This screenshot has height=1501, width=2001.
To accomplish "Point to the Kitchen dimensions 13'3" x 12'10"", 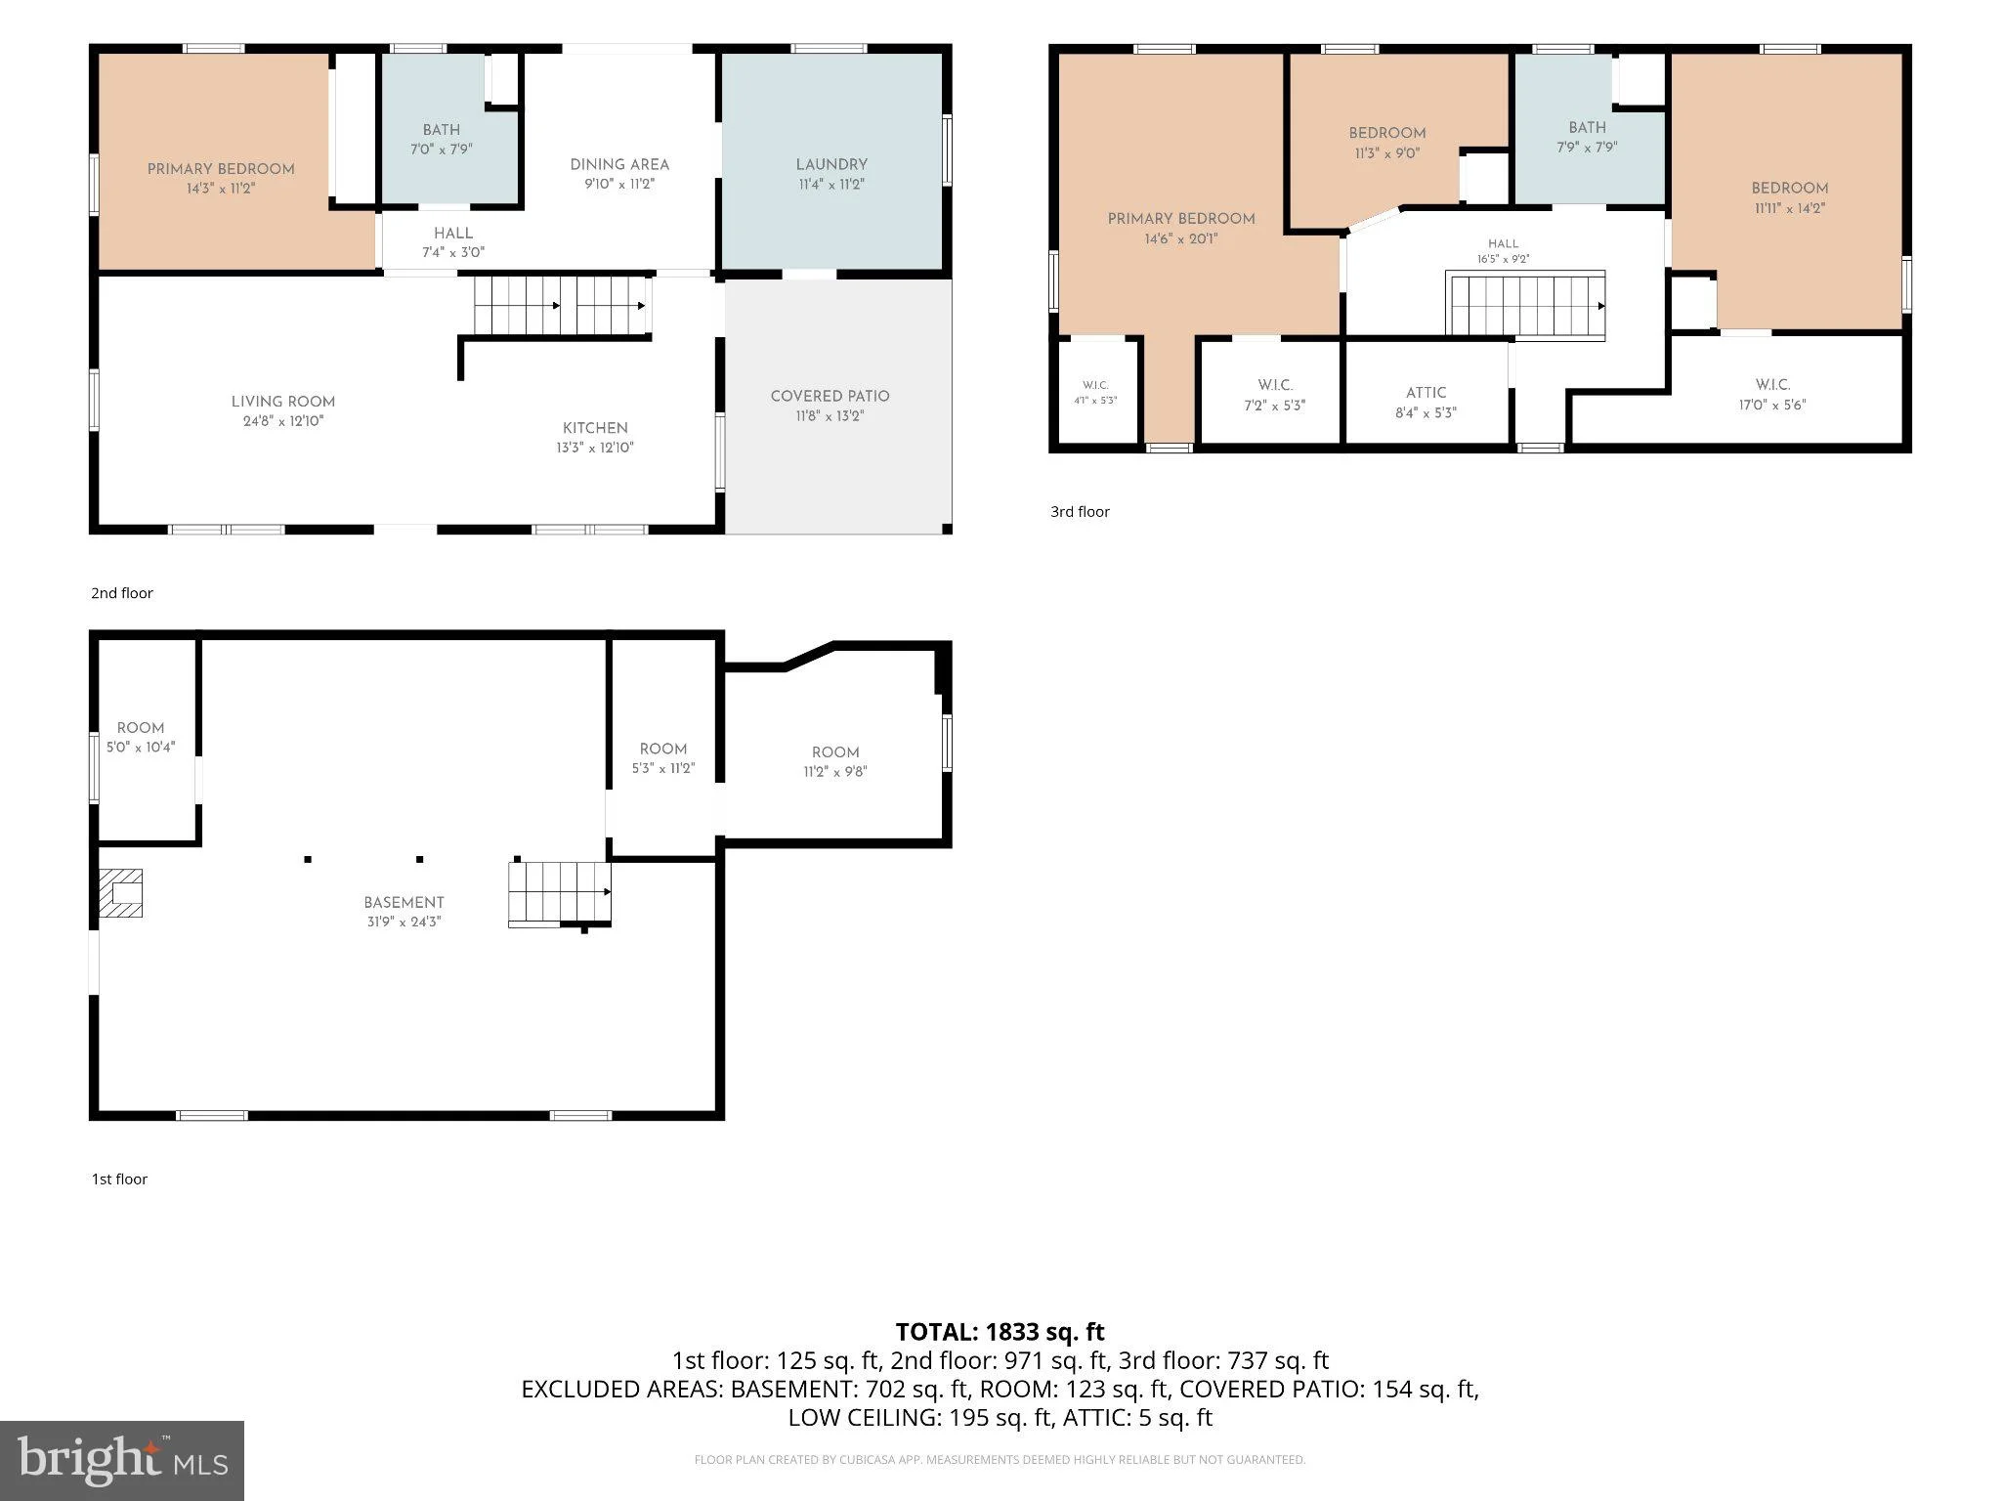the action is [x=595, y=448].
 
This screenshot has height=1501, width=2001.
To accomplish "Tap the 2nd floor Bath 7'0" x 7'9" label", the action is [x=442, y=140].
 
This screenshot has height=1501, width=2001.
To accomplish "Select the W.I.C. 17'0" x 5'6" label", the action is [x=1772, y=395].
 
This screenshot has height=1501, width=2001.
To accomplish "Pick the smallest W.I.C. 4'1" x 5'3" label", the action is [x=1095, y=393].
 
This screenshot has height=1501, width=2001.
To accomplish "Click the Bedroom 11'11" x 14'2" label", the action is [x=1790, y=198].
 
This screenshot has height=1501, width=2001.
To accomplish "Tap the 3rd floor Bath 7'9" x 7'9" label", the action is [x=1587, y=137].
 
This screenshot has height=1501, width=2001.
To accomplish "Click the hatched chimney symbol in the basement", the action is [x=121, y=893].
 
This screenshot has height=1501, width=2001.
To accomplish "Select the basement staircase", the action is [x=560, y=892].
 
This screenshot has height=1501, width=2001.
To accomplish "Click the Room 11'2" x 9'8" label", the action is [x=835, y=761].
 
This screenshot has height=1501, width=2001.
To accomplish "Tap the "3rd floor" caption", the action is [x=1080, y=511].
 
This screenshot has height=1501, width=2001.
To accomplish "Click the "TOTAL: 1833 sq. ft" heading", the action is [x=1000, y=1332].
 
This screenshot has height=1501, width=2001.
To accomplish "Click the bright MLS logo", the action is [x=122, y=1460].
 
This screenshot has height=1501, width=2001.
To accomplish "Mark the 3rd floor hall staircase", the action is [x=1525, y=306].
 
